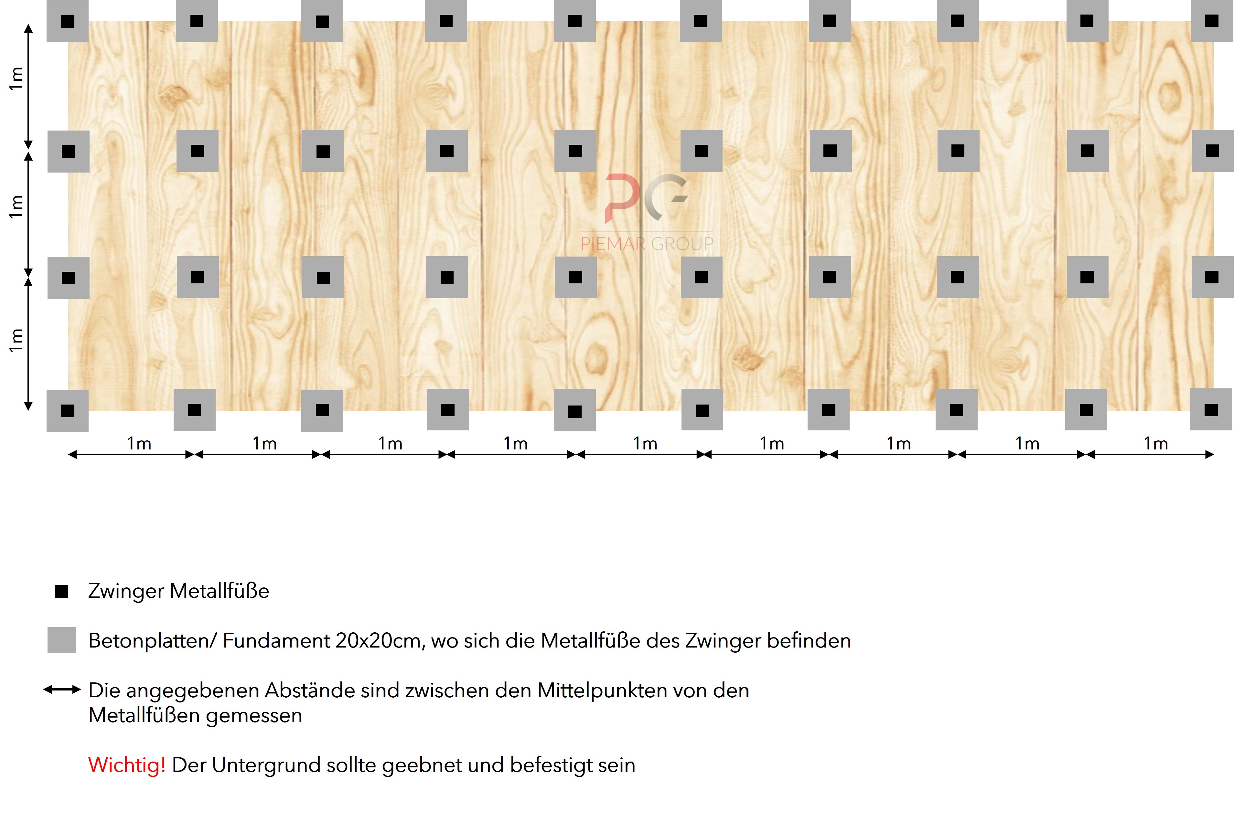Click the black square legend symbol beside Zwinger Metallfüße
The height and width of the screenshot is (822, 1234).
click(62, 591)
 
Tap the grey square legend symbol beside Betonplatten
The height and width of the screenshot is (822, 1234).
click(62, 640)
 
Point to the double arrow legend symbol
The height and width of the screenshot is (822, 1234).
click(62, 690)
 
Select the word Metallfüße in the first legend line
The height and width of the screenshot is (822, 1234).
click(219, 591)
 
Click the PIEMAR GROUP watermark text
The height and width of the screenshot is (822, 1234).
click(647, 244)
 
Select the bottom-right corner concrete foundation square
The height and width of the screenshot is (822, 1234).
click(1211, 409)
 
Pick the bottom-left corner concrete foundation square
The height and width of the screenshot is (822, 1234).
click(68, 410)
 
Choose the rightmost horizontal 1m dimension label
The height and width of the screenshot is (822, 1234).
click(1156, 444)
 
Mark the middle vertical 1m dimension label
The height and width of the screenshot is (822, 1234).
click(16, 206)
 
